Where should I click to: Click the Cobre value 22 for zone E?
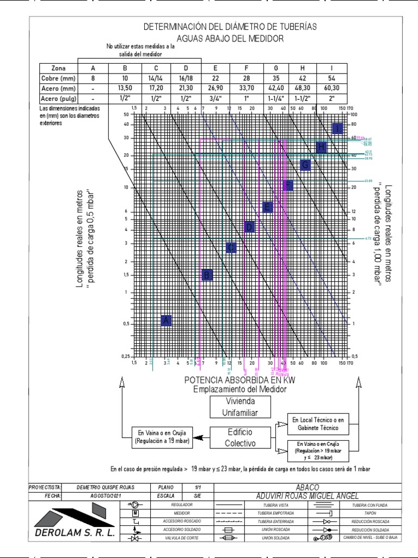point(215,78)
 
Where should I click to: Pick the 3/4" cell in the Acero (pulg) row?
point(215,99)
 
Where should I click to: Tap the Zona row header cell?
point(59,68)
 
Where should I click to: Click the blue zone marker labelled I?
point(337,128)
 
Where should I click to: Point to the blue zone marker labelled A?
point(167,320)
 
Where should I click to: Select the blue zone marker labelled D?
point(250,227)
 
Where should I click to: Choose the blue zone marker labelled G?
point(305,165)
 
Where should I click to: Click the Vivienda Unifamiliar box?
point(242,407)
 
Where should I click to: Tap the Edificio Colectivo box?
point(241,437)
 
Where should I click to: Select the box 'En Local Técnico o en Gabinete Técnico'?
point(318,424)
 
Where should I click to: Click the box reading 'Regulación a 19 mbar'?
point(162,438)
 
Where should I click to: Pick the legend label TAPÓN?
point(370,513)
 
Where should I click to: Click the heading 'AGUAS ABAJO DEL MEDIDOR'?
point(230,38)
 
